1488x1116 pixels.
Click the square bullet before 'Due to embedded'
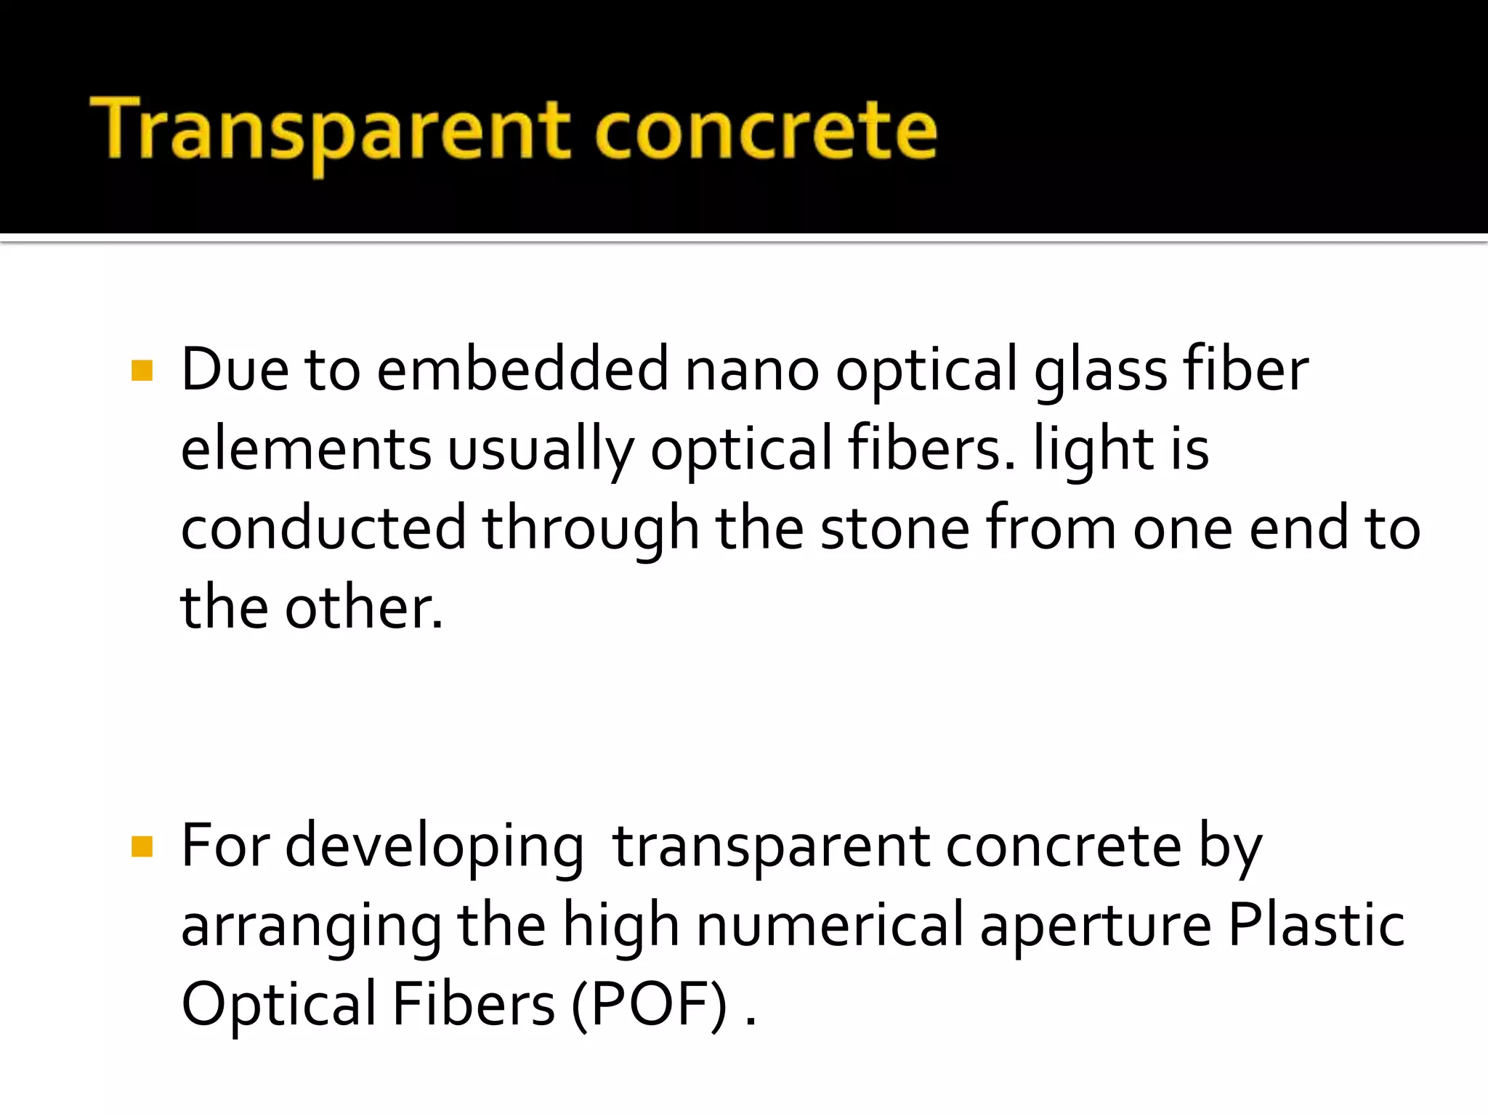click(x=142, y=371)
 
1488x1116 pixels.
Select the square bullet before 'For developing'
click(x=142, y=847)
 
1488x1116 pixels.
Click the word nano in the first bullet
click(x=752, y=371)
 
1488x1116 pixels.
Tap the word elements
click(x=306, y=449)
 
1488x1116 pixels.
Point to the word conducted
click(x=323, y=529)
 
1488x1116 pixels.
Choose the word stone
click(x=894, y=529)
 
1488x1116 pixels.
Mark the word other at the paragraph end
click(x=363, y=607)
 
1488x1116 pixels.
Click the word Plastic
click(x=1316, y=924)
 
